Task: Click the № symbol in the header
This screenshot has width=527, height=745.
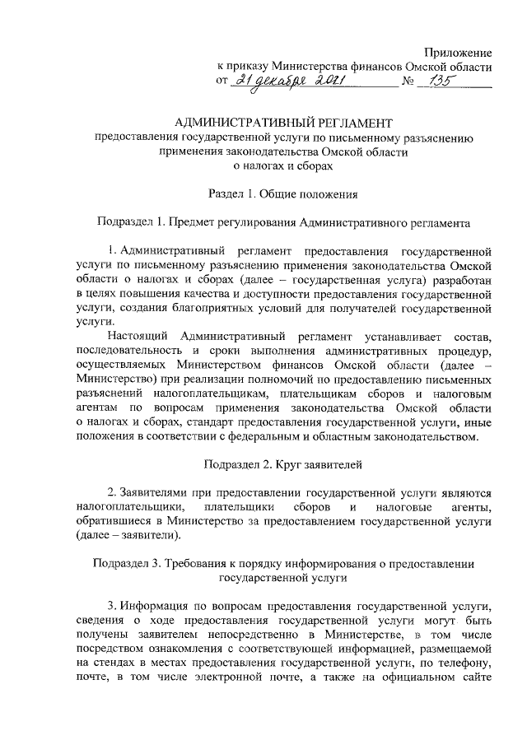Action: tap(408, 82)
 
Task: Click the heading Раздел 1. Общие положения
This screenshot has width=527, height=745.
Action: tap(283, 194)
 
